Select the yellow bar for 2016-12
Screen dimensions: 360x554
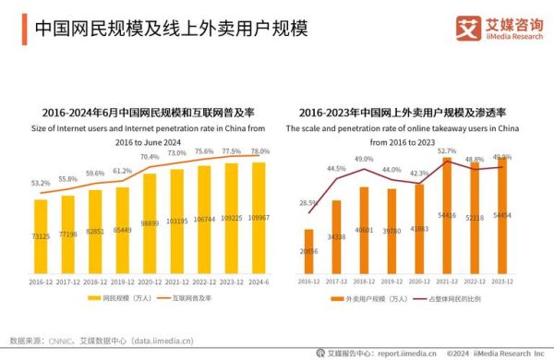(x=41, y=235)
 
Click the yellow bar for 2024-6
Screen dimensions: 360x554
(x=260, y=217)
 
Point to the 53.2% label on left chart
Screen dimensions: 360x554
(x=40, y=184)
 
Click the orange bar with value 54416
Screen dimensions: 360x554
(x=447, y=215)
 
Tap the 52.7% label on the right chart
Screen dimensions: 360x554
(x=447, y=150)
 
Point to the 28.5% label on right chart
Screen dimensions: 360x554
(x=308, y=202)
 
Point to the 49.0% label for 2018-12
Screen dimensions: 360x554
(x=364, y=159)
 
